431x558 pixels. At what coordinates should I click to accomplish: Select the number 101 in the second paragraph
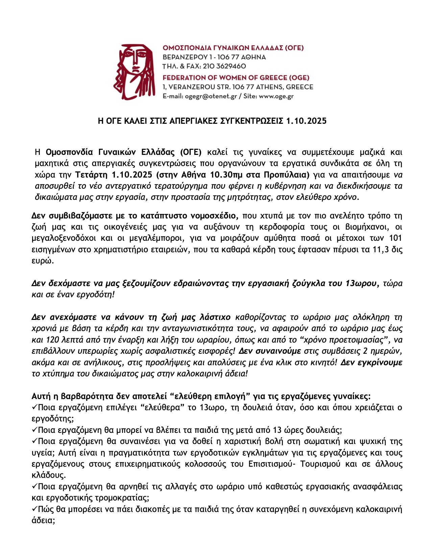[x=396, y=238]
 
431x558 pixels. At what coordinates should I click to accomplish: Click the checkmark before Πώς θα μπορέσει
[x=34, y=509]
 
